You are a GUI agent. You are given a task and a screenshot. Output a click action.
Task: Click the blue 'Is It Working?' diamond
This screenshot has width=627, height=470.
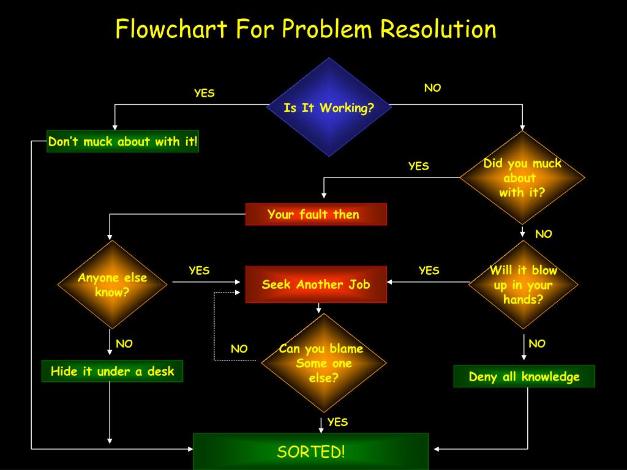pos(329,107)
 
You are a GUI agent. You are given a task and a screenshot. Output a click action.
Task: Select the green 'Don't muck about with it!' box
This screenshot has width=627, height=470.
pos(122,141)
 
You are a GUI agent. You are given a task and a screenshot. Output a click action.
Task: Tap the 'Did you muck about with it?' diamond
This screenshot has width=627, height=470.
pos(522,177)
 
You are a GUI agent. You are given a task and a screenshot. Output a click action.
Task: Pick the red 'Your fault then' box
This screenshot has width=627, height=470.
pos(316,214)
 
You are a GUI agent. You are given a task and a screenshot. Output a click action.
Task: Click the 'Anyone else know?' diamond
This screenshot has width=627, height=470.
pos(113,285)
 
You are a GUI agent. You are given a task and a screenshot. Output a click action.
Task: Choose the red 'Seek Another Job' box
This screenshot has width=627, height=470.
pos(316,284)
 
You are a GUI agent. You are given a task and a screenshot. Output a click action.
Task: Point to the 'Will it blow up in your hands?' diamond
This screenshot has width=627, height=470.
pos(523,285)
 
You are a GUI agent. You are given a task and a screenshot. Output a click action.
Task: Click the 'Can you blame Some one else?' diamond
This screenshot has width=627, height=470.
pos(323,363)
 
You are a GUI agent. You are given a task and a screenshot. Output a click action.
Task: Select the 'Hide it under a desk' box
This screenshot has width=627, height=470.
pos(113,371)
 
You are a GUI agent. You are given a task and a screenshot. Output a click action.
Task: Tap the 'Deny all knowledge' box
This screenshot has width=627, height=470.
pos(524,376)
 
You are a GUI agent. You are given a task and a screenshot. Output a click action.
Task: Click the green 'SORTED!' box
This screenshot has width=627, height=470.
pos(310,452)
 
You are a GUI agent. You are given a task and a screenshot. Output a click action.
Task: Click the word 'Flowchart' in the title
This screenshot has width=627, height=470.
pos(171,29)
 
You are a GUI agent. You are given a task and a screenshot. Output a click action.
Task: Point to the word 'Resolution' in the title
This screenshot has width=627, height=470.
pos(438,29)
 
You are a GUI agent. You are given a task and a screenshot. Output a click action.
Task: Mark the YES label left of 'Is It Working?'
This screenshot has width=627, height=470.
pos(205,93)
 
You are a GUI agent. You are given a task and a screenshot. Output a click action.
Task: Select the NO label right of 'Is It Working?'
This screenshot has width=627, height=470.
pos(433,88)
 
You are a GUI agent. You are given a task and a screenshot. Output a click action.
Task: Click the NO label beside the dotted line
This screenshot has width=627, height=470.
pos(239,349)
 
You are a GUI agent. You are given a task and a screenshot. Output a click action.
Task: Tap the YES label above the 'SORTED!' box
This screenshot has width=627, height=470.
pos(337,422)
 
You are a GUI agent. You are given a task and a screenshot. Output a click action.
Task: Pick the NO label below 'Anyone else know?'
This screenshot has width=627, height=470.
pos(124,344)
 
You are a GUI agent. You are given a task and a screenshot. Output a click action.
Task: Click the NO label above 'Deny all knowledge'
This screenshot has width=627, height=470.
pos(537,343)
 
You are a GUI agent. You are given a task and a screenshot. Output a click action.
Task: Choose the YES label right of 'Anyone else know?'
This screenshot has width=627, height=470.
pos(199,270)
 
